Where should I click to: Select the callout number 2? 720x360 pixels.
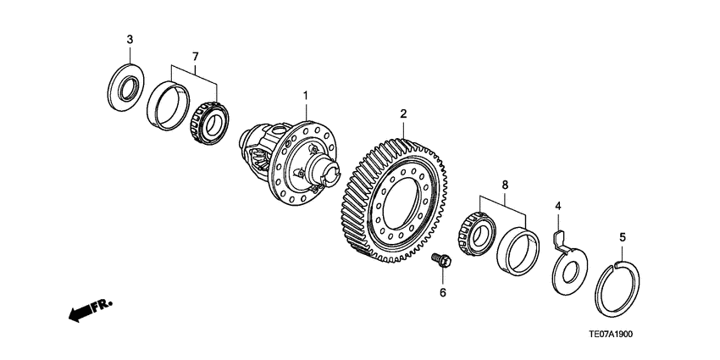pos(404,113)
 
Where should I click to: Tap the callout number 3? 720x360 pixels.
pos(130,40)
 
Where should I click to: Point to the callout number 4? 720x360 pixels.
pos(558,206)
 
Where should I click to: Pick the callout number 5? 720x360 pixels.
pos(622,238)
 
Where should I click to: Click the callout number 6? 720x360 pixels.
pos(442,293)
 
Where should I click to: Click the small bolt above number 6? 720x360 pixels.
pos(440,261)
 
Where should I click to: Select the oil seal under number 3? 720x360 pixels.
pos(128,83)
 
